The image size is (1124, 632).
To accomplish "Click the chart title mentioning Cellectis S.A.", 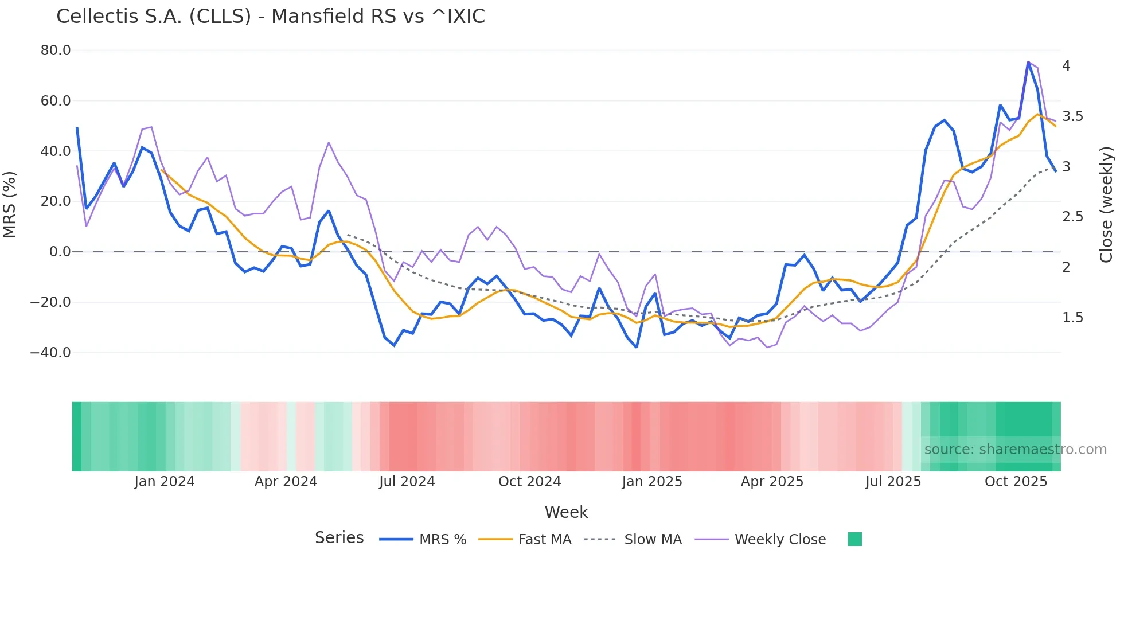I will tap(271, 17).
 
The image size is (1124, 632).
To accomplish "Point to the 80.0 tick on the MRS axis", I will tap(56, 50).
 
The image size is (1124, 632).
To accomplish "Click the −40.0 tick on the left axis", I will tap(50, 353).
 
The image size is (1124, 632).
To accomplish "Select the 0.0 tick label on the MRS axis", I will tap(60, 252).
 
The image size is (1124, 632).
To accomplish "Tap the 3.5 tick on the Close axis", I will tap(1072, 116).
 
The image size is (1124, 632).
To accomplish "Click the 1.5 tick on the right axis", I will tap(1072, 318).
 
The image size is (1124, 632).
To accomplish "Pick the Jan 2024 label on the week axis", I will tap(165, 482).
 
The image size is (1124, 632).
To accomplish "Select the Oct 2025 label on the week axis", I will tap(1016, 482).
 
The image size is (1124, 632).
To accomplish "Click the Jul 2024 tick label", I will tap(407, 482).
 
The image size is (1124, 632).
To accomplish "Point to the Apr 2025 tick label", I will tap(772, 482).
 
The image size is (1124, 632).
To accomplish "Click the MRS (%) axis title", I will tap(10, 204).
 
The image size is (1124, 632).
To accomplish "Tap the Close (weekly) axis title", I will tap(1106, 204).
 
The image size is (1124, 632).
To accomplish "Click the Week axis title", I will tap(566, 512).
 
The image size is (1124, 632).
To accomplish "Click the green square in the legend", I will tap(855, 539).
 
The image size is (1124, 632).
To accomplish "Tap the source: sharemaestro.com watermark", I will tap(1015, 450).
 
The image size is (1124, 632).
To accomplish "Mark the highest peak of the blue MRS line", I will tap(1028, 62).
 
